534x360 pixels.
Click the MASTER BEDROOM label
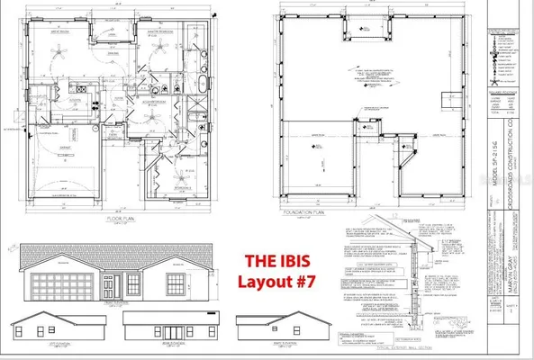(x=158, y=30)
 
